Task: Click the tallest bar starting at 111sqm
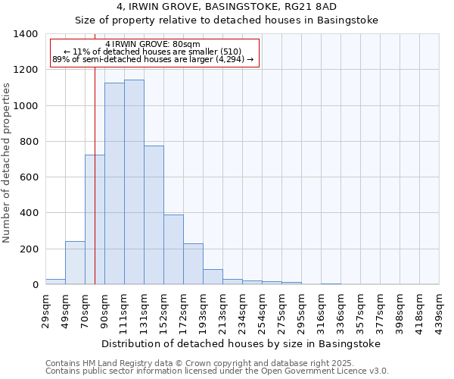[x=134, y=182]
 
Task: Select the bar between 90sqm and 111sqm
[x=114, y=183]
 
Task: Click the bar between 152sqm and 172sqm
[x=173, y=249]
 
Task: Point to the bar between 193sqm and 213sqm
[x=213, y=277]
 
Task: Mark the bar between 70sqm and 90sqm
[x=95, y=220]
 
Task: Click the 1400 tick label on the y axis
[x=26, y=34]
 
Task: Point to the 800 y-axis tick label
[x=29, y=142]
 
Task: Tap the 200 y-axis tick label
[x=29, y=249]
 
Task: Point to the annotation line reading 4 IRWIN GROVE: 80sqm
[x=154, y=45]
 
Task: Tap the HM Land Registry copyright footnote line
[x=216, y=364]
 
